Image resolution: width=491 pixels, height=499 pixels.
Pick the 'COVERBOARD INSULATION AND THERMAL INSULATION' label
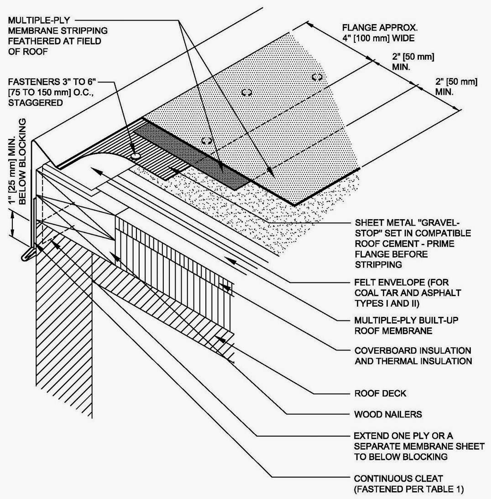point(413,356)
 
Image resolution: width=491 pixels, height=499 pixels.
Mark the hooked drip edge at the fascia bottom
point(28,256)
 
